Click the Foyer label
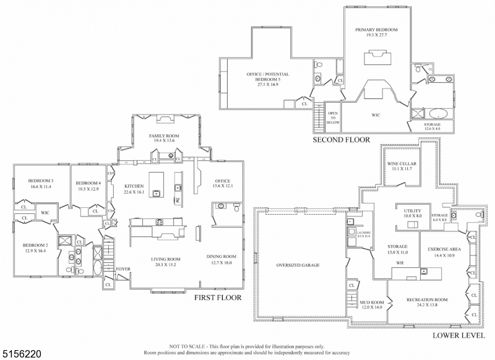(123, 269)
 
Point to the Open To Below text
(333, 118)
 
